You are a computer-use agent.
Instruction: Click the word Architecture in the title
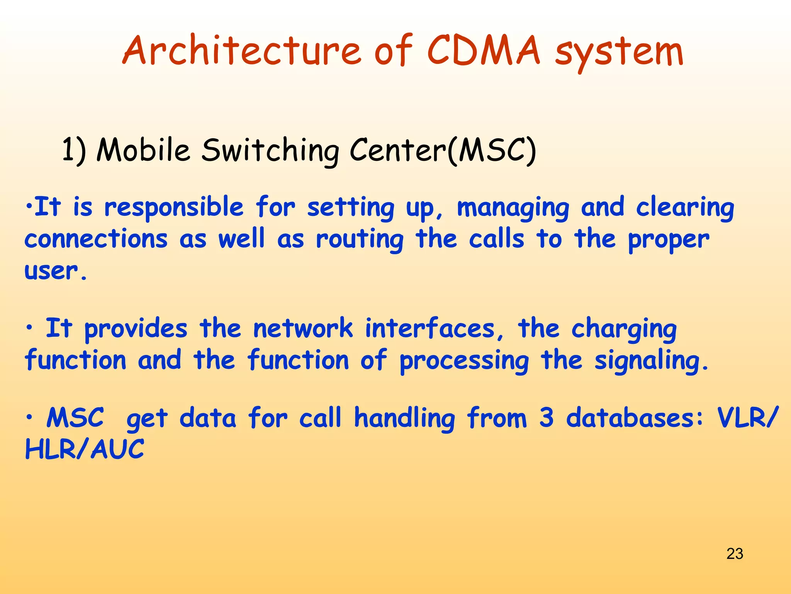pos(242,50)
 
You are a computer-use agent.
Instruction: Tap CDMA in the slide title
pos(484,50)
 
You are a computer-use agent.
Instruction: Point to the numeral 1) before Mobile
pos(74,150)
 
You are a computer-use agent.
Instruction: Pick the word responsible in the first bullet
pos(174,208)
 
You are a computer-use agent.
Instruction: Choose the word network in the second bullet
pos(303,329)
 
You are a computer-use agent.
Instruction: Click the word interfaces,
pos(435,329)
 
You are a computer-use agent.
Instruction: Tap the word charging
pos(624,329)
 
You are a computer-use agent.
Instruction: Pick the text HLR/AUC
pos(85,450)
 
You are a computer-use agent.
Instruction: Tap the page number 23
pos(735,554)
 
